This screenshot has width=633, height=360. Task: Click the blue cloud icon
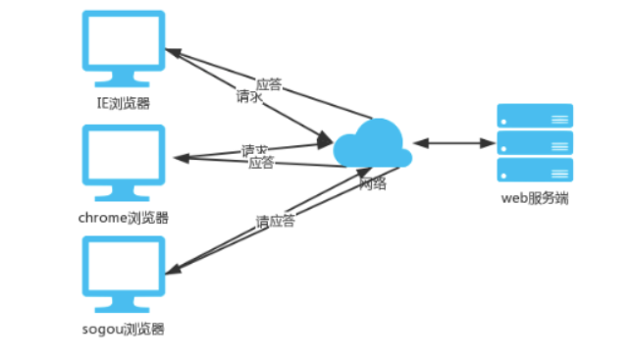(x=372, y=144)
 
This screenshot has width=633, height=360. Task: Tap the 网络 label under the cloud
(x=373, y=182)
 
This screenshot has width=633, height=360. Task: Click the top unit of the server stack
(x=535, y=116)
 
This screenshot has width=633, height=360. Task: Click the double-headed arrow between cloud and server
(x=453, y=143)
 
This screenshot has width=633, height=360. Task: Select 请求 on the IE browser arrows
(x=248, y=98)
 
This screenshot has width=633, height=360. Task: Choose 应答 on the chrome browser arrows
(x=261, y=163)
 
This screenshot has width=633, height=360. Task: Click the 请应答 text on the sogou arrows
(x=275, y=221)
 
